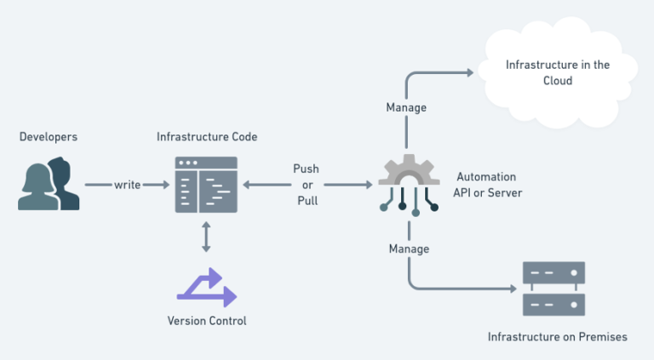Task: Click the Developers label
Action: pos(48,136)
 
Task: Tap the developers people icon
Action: pos(49,185)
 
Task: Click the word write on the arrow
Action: pos(128,185)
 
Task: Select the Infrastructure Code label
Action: pos(207,136)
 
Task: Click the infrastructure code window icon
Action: pos(206,185)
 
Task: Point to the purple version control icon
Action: pos(206,287)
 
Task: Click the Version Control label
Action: pos(207,321)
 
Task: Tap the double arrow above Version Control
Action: pos(206,237)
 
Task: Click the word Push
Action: pos(307,169)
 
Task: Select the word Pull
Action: pos(307,201)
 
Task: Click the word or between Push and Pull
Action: pos(307,185)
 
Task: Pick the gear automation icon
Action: pos(409,181)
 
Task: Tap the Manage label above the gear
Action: pos(406,108)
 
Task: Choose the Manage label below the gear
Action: pos(409,249)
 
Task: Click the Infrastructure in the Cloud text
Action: pos(557,72)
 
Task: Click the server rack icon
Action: pos(554,289)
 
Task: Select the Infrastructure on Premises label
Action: pos(557,337)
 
